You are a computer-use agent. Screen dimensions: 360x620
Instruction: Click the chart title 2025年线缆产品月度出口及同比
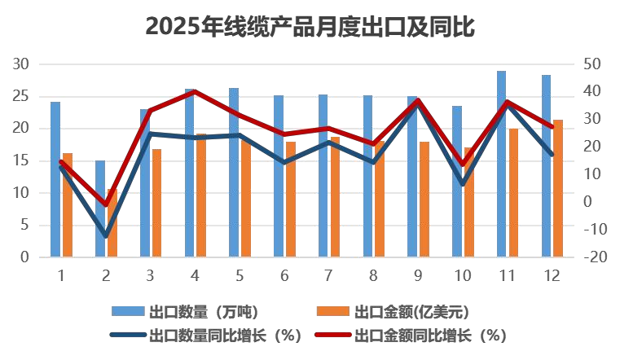310,28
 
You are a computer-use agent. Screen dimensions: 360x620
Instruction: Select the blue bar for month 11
501,163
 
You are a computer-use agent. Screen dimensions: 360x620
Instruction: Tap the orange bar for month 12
558,188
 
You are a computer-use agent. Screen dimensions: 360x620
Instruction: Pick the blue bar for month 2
100,209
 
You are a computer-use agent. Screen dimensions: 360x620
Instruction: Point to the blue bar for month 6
279,176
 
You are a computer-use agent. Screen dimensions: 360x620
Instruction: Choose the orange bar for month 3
156,203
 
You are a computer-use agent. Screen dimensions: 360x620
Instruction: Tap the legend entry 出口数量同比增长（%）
220,335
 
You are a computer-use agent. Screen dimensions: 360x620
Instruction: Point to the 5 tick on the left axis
25,225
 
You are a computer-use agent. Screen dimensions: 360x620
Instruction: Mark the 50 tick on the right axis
593,64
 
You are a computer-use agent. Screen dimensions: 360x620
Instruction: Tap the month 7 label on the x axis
328,275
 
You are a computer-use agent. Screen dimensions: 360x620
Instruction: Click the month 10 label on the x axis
462,275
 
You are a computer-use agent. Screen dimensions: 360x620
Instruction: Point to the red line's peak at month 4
195,91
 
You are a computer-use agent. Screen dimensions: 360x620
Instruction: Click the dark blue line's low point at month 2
105,236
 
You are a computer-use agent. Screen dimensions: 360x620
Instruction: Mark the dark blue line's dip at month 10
463,184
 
